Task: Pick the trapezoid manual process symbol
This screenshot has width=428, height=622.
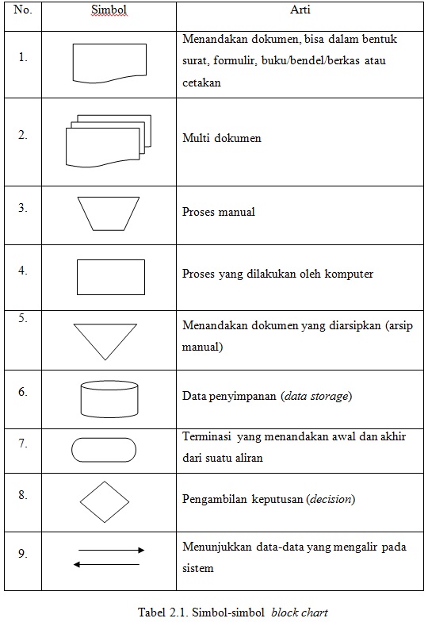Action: pos(109,213)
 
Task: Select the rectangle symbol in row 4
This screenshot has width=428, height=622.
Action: pos(111,277)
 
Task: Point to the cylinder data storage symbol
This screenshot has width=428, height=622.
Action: pos(109,399)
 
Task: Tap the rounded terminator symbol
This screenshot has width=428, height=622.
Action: pos(105,450)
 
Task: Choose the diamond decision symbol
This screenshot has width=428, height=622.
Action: pos(104,501)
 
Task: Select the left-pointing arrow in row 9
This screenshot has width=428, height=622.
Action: pos(106,564)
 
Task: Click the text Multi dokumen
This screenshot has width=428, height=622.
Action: pos(221,138)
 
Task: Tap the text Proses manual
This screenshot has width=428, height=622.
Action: pos(219,212)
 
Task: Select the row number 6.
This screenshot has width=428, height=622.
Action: pos(23,391)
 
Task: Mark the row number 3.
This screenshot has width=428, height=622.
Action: pos(23,208)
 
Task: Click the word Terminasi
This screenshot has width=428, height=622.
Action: pos(206,436)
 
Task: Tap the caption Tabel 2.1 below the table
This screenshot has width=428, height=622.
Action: pos(232,612)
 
